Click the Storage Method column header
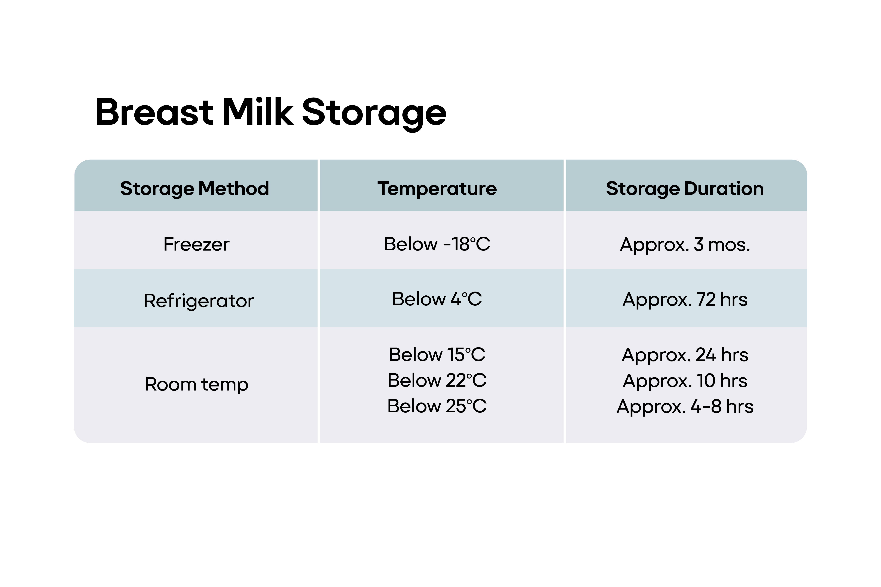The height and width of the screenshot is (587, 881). (194, 188)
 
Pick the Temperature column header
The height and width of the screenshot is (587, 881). (437, 188)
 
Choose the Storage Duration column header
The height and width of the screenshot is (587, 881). (685, 188)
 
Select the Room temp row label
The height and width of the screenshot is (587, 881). (196, 384)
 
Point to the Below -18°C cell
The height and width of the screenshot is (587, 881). (437, 244)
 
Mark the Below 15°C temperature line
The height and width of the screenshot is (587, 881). (437, 355)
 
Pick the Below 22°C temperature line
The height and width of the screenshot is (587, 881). (437, 380)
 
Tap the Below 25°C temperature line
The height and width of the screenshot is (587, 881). (437, 406)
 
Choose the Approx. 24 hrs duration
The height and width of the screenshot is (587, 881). (685, 355)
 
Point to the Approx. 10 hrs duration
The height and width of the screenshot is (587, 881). (685, 381)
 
